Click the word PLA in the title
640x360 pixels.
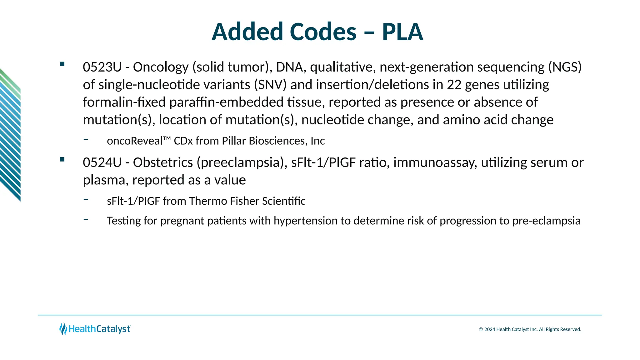click(x=402, y=32)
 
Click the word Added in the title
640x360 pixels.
click(x=247, y=32)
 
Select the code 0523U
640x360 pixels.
click(x=102, y=67)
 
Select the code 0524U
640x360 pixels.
click(x=102, y=162)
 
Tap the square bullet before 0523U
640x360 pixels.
click(x=62, y=64)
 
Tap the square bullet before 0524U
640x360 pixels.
click(x=62, y=159)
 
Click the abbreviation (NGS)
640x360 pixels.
click(x=565, y=67)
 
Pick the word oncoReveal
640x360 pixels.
click(x=134, y=141)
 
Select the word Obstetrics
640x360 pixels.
click(x=163, y=162)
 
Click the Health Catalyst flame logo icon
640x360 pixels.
click(x=63, y=329)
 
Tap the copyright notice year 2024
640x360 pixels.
click(x=490, y=329)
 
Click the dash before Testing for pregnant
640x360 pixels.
click(x=86, y=219)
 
